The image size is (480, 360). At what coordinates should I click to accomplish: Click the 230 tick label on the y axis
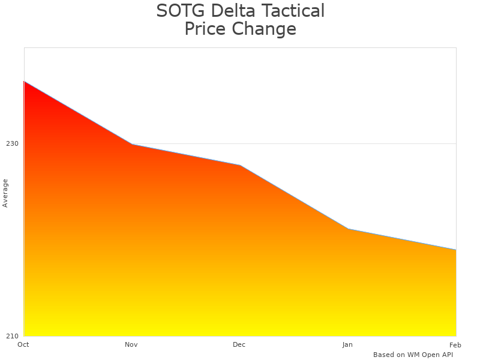click(12, 144)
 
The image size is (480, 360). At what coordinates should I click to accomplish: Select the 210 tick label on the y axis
click(12, 336)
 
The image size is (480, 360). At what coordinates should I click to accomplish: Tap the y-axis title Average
click(5, 193)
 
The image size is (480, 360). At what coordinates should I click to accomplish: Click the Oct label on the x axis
click(23, 344)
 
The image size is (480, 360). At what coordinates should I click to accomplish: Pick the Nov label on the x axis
click(131, 344)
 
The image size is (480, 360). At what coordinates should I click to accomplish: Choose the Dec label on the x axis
click(239, 344)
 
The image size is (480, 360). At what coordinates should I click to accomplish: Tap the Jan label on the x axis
click(347, 344)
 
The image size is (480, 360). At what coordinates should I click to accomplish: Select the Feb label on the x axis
click(455, 344)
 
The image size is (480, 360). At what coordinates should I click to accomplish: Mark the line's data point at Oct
click(24, 81)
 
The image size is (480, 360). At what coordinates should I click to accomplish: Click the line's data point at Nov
click(132, 145)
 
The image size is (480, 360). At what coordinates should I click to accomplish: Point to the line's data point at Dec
click(240, 166)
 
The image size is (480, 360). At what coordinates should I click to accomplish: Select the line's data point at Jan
click(348, 229)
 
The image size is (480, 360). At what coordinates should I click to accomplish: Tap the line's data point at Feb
click(456, 250)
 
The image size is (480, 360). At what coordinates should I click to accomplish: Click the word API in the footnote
click(446, 355)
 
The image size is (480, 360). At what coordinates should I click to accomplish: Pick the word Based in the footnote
click(383, 355)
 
